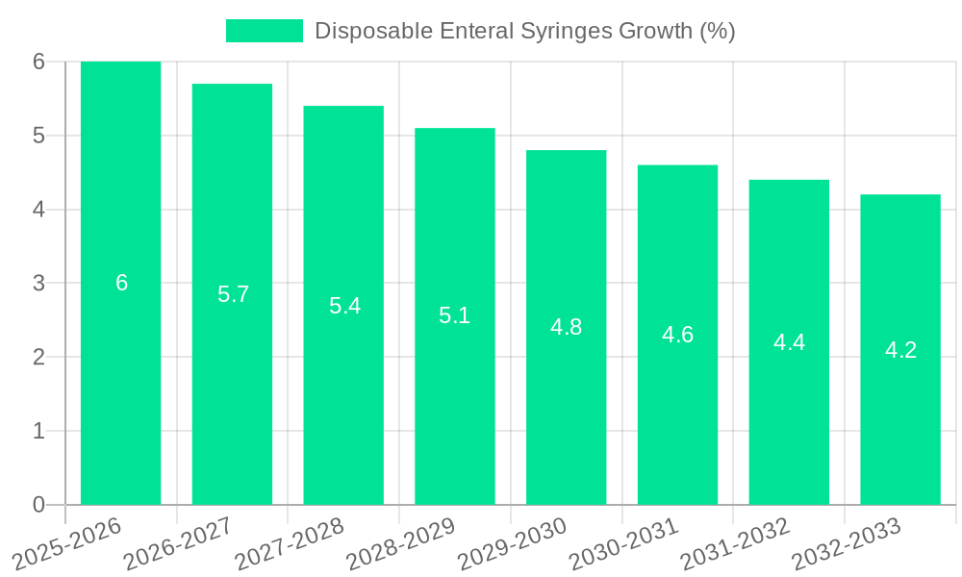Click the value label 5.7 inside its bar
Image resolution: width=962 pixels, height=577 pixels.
(233, 294)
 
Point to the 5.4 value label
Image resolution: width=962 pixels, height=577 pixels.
(344, 306)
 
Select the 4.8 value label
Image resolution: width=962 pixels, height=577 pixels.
(566, 327)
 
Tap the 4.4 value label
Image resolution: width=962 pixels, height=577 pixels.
(789, 342)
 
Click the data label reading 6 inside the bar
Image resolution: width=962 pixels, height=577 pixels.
(121, 283)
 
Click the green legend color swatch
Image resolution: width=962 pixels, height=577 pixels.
(264, 31)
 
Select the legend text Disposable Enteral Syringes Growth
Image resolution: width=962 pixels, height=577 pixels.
(524, 31)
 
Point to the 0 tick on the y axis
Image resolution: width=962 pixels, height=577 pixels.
(38, 505)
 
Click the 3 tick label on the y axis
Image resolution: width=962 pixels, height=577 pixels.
(38, 283)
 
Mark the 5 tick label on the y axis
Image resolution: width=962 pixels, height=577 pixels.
(38, 136)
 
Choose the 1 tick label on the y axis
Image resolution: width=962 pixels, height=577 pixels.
(38, 431)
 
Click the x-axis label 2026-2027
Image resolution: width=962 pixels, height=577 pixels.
(178, 544)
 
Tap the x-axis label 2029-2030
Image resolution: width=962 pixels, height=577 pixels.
(512, 544)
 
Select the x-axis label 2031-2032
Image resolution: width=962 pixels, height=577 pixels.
(735, 544)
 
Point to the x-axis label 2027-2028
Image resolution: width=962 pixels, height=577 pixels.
(290, 544)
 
